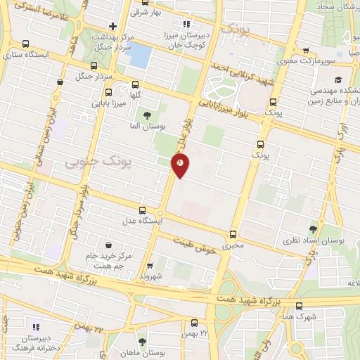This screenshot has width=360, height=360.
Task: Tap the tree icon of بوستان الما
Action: pyautogui.click(x=146, y=115)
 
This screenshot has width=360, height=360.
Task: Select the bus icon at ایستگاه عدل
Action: pyautogui.click(x=143, y=210)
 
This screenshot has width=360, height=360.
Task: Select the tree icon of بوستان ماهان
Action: pyautogui.click(x=143, y=342)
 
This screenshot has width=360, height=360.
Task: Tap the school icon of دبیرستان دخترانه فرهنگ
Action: pyautogui.click(x=37, y=327)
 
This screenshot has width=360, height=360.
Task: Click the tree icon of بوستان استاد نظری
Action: pyautogui.click(x=313, y=229)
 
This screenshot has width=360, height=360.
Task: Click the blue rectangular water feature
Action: pyautogui.click(x=139, y=56)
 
